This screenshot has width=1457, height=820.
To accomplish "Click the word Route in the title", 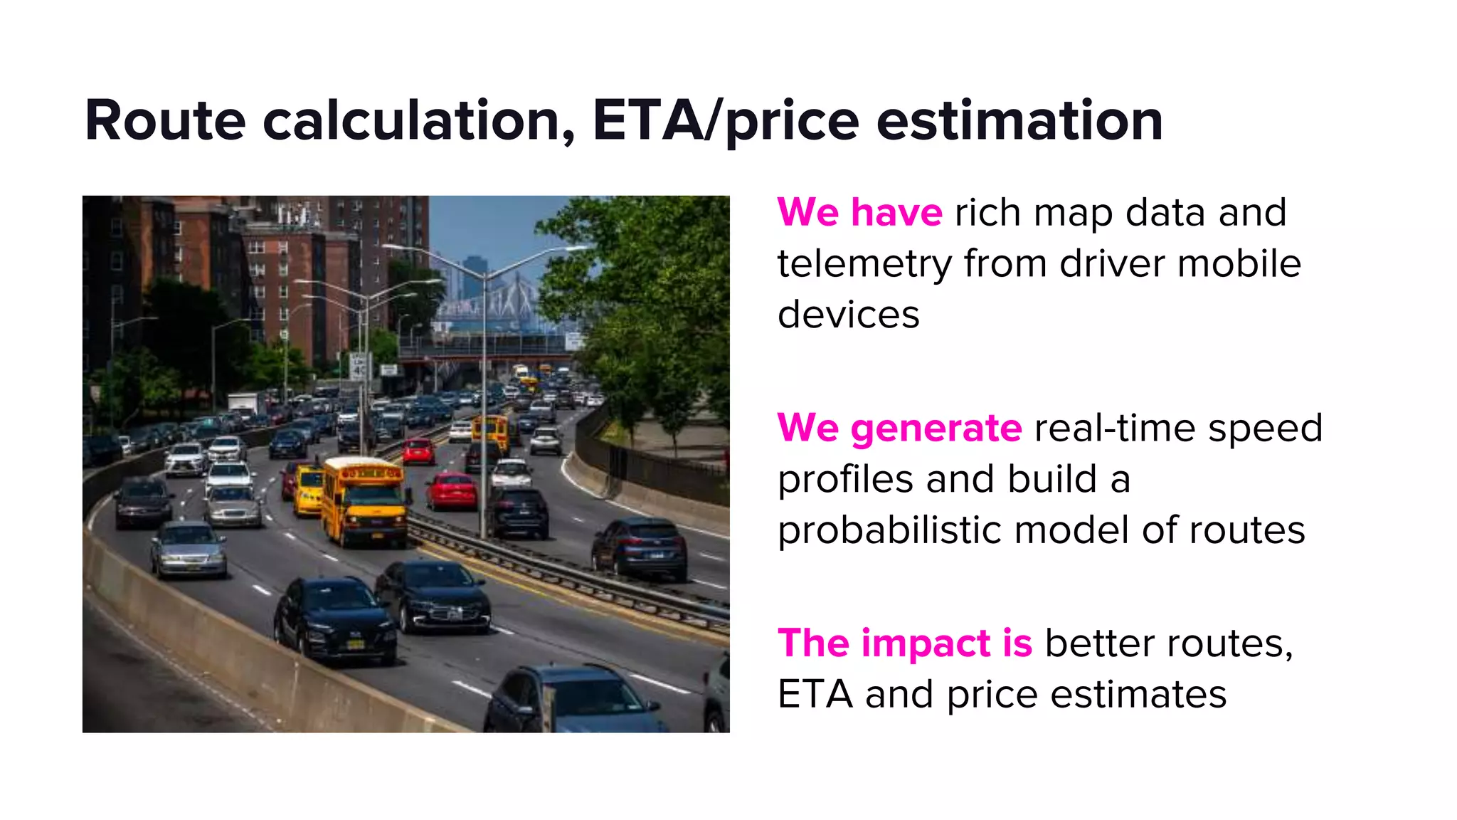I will [165, 121].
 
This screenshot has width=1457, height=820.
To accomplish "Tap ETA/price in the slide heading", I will [725, 121].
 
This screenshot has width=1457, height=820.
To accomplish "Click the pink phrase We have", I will [859, 213].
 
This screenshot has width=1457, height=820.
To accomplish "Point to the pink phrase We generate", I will [899, 429].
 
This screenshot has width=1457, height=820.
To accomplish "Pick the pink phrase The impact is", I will [904, 643].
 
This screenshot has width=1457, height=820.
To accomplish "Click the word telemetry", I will [864, 264].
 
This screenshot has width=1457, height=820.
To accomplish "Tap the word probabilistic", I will [889, 531].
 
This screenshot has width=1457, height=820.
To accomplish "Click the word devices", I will [848, 315].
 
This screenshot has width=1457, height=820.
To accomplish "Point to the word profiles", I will [845, 480].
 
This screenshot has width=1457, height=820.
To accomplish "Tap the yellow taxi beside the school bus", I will [307, 489].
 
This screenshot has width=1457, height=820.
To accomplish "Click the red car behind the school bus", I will [452, 491].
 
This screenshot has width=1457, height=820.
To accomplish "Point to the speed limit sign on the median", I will [359, 367].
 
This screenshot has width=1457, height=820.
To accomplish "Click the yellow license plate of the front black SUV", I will [354, 645].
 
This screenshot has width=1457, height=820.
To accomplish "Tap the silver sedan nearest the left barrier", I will [189, 548].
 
